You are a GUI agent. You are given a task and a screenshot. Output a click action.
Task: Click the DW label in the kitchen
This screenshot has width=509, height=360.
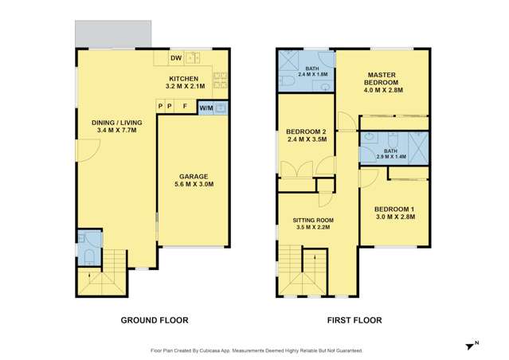[175, 58]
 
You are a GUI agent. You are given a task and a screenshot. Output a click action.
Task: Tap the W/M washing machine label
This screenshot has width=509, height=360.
[206, 108]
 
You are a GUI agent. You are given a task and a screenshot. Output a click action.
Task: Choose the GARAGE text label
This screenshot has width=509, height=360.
[194, 179]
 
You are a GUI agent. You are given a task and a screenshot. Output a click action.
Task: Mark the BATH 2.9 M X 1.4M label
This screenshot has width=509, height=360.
[390, 153]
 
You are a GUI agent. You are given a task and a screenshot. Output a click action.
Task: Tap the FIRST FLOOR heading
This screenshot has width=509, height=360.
[354, 320]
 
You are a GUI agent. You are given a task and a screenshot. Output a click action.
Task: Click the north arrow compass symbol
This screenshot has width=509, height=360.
[470, 345]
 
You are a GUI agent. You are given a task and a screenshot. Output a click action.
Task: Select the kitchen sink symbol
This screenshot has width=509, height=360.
[193, 57]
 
